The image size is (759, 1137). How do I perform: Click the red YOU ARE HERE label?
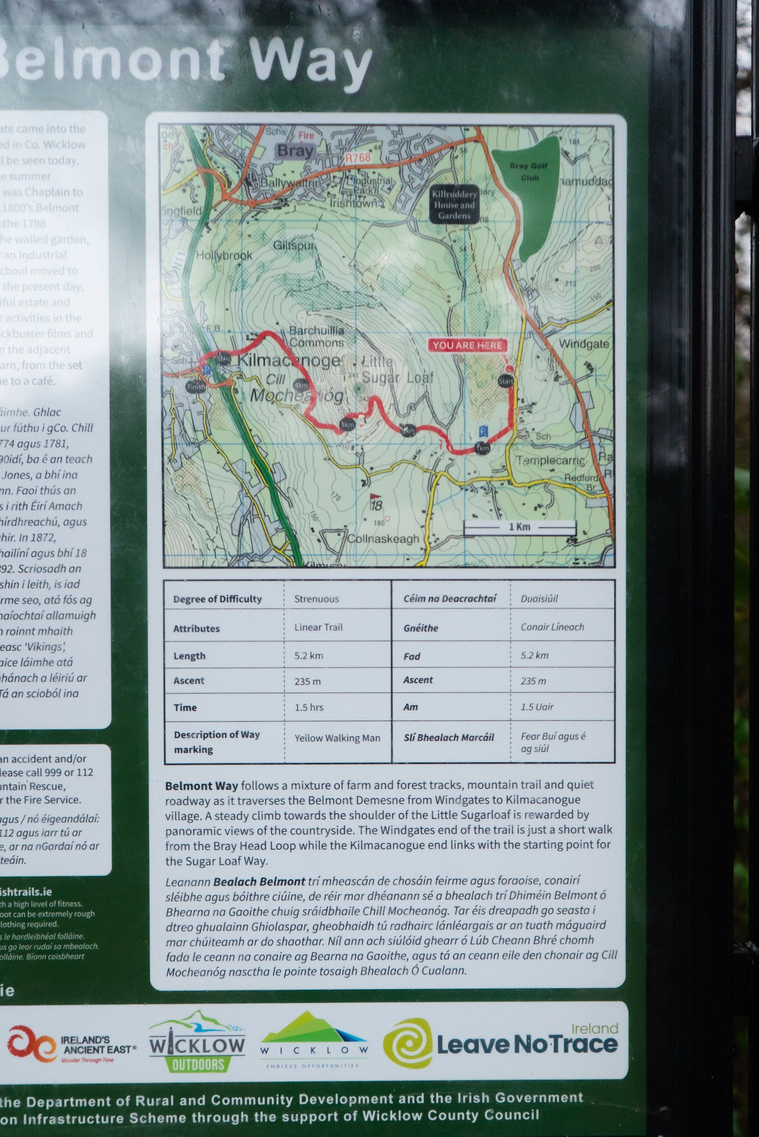pyautogui.click(x=467, y=345)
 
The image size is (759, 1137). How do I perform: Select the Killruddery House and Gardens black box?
pyautogui.click(x=454, y=204)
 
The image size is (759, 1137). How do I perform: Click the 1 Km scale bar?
pyautogui.click(x=519, y=527)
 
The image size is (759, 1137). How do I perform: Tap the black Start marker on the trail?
pyautogui.click(x=506, y=381)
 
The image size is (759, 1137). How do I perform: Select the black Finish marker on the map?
pyautogui.click(x=196, y=387)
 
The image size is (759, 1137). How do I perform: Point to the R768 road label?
pyautogui.click(x=358, y=158)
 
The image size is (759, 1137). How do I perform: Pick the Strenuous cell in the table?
pyautogui.click(x=316, y=599)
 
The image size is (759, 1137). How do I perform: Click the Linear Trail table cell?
pyautogui.click(x=318, y=627)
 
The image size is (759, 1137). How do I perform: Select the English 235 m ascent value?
pyautogui.click(x=308, y=681)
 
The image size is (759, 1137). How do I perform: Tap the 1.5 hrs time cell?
pyautogui.click(x=309, y=707)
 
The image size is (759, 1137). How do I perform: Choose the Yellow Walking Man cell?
pyautogui.click(x=337, y=738)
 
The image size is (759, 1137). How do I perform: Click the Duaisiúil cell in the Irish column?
pyautogui.click(x=539, y=599)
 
